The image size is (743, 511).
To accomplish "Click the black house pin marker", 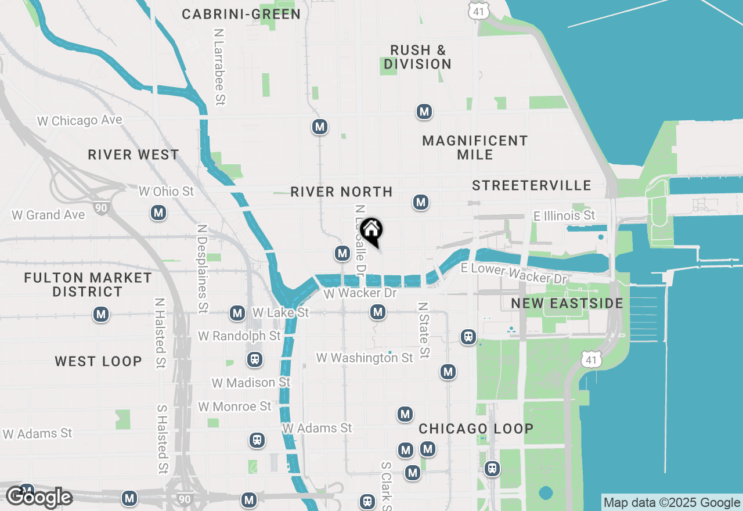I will tap(371, 231).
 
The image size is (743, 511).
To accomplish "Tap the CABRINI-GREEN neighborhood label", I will tap(241, 14).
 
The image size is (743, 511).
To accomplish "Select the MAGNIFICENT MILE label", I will tap(475, 147).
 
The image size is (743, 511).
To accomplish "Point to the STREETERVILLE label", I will tap(531, 185).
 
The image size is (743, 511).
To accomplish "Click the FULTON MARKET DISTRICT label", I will tap(88, 285).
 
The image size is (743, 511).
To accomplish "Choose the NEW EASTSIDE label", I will tap(567, 303).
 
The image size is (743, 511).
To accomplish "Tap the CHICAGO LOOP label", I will tap(476, 429).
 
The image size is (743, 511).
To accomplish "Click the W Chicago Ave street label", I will tap(80, 121).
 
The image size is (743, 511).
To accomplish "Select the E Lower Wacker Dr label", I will tap(513, 273).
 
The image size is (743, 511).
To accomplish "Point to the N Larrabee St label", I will tap(219, 67).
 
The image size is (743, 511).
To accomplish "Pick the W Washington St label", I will tap(365, 358).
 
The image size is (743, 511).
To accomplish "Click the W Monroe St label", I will tap(235, 406).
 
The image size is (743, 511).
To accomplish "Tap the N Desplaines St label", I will tap(202, 269).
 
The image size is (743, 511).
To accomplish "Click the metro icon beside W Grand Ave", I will tap(158, 213).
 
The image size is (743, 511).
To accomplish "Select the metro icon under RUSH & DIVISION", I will tap(424, 111).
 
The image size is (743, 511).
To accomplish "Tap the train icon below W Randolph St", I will tap(254, 359).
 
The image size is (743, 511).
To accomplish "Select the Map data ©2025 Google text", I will tap(672, 503).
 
